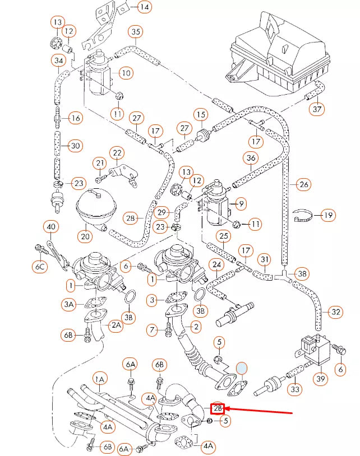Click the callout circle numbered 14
[x=145, y=7]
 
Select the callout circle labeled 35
[x=135, y=32]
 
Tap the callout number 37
[x=318, y=108]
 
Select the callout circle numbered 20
[x=85, y=236]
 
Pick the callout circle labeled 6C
[x=40, y=267]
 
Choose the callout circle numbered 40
[x=51, y=227]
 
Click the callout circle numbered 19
[x=327, y=215]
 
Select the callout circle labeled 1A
[x=100, y=380]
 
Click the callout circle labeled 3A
[x=68, y=304]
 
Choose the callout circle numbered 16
[x=76, y=118]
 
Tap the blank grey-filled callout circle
[x=242, y=368]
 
